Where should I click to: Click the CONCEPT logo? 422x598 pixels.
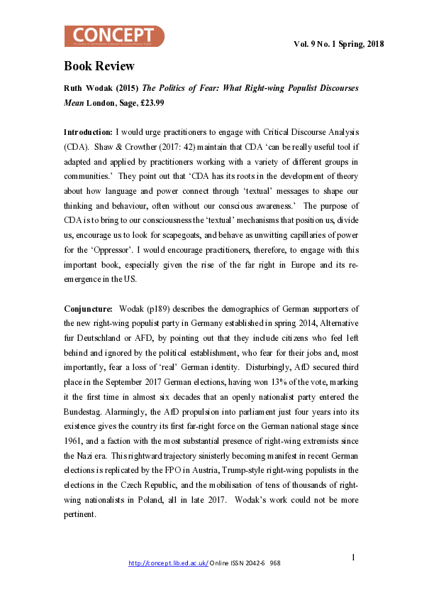coord(114,36)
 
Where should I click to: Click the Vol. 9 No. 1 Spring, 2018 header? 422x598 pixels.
coord(338,44)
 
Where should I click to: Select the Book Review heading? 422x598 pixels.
coord(99,67)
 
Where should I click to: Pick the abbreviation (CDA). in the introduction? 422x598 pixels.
coord(77,148)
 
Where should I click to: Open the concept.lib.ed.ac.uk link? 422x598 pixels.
coord(168,562)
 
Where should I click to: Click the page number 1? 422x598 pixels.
coord(353,557)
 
